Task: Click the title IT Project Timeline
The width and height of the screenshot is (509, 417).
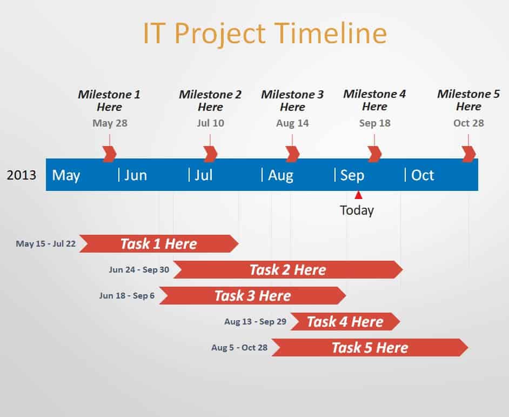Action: click(265, 34)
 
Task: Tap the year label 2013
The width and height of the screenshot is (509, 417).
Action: click(22, 175)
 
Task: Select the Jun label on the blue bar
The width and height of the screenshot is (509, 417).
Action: click(136, 176)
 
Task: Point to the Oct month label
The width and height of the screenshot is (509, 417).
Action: click(423, 175)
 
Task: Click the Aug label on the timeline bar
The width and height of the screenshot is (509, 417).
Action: click(280, 176)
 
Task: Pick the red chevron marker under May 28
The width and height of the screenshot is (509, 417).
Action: click(109, 154)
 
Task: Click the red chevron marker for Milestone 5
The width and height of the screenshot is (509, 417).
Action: click(468, 154)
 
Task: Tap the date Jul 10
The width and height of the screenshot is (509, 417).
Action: click(210, 123)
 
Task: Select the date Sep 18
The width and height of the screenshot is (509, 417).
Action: click(374, 123)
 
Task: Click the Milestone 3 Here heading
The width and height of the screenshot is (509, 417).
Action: click(292, 101)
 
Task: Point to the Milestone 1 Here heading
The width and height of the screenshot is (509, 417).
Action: click(109, 101)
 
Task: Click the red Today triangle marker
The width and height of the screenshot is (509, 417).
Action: click(358, 195)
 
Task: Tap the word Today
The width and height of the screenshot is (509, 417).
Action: click(357, 210)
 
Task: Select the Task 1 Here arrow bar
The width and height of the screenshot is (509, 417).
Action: click(159, 244)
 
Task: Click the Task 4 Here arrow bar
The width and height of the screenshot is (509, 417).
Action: click(345, 322)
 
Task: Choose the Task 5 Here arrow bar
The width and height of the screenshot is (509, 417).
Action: click(370, 348)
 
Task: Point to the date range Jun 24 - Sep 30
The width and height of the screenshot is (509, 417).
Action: click(139, 270)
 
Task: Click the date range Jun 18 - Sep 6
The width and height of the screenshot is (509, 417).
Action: click(127, 296)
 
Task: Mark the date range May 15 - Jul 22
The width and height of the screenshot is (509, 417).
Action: click(46, 244)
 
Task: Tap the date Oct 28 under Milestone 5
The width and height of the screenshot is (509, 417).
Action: click(468, 123)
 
